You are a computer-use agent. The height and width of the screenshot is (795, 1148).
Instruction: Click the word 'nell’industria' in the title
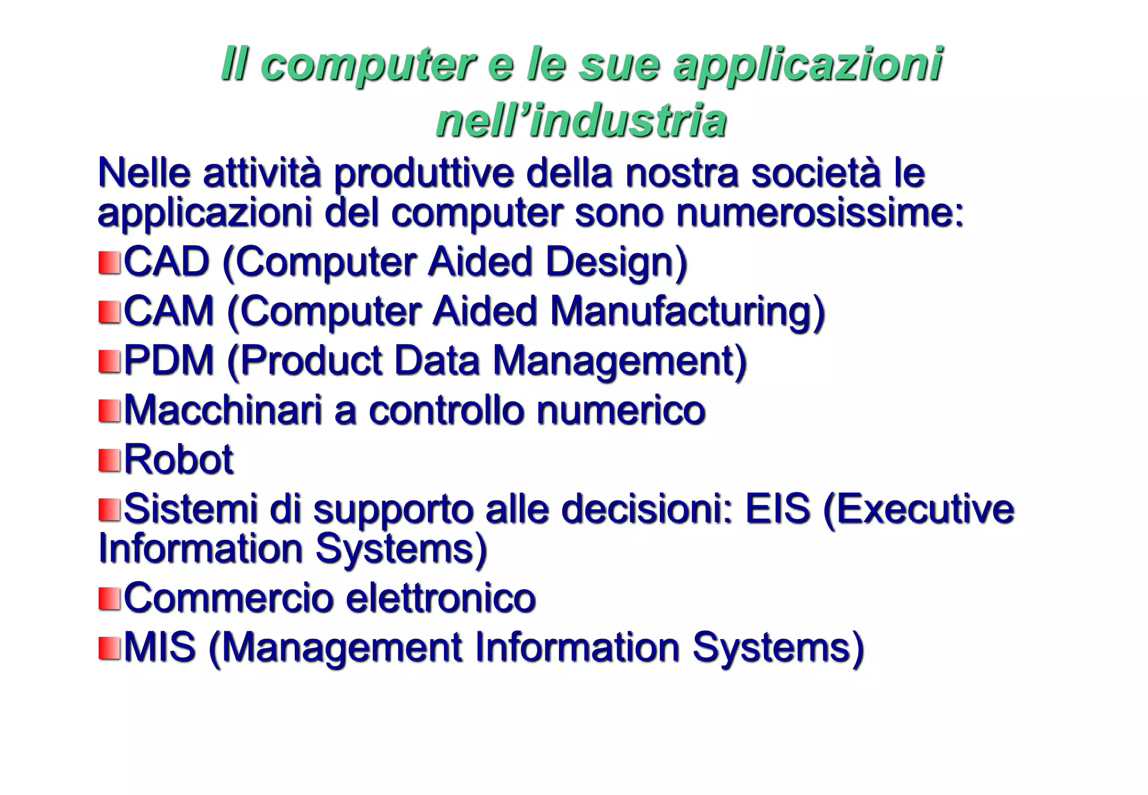click(581, 121)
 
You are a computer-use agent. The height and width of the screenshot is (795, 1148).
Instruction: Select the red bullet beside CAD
click(109, 262)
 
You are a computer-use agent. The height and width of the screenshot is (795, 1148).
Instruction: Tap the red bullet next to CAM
click(109, 312)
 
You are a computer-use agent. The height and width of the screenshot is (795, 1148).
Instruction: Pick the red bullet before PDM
click(109, 361)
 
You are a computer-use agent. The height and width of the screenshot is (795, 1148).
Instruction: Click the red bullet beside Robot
click(109, 460)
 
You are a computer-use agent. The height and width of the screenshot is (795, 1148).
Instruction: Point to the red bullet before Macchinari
click(109, 410)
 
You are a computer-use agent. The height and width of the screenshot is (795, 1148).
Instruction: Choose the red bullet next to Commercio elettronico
click(109, 599)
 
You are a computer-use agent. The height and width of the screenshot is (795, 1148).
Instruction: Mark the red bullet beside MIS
click(109, 648)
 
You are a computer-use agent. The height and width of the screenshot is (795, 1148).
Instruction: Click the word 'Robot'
click(178, 460)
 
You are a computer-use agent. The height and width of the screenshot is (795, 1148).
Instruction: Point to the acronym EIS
click(777, 509)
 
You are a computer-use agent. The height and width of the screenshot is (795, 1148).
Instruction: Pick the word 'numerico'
click(620, 410)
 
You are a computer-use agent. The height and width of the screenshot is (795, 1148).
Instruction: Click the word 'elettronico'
click(441, 598)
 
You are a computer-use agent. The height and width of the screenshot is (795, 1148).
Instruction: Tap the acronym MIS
click(160, 648)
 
